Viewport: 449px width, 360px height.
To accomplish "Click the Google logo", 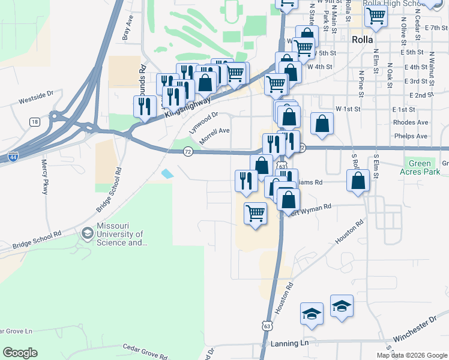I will [x=20, y=353].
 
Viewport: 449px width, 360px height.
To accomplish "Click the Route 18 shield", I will [x=34, y=122].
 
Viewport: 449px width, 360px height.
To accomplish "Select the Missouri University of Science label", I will [x=120, y=238].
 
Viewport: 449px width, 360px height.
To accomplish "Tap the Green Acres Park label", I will [x=420, y=167].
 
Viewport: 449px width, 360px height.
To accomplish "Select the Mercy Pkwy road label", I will [x=44, y=176].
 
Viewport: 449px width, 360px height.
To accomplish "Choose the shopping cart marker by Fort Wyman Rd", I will [x=256, y=213].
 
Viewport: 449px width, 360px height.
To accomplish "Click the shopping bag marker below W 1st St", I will [x=322, y=124].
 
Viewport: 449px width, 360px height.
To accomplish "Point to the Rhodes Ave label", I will [x=410, y=122].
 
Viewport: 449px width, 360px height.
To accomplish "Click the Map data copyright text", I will [x=411, y=355].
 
